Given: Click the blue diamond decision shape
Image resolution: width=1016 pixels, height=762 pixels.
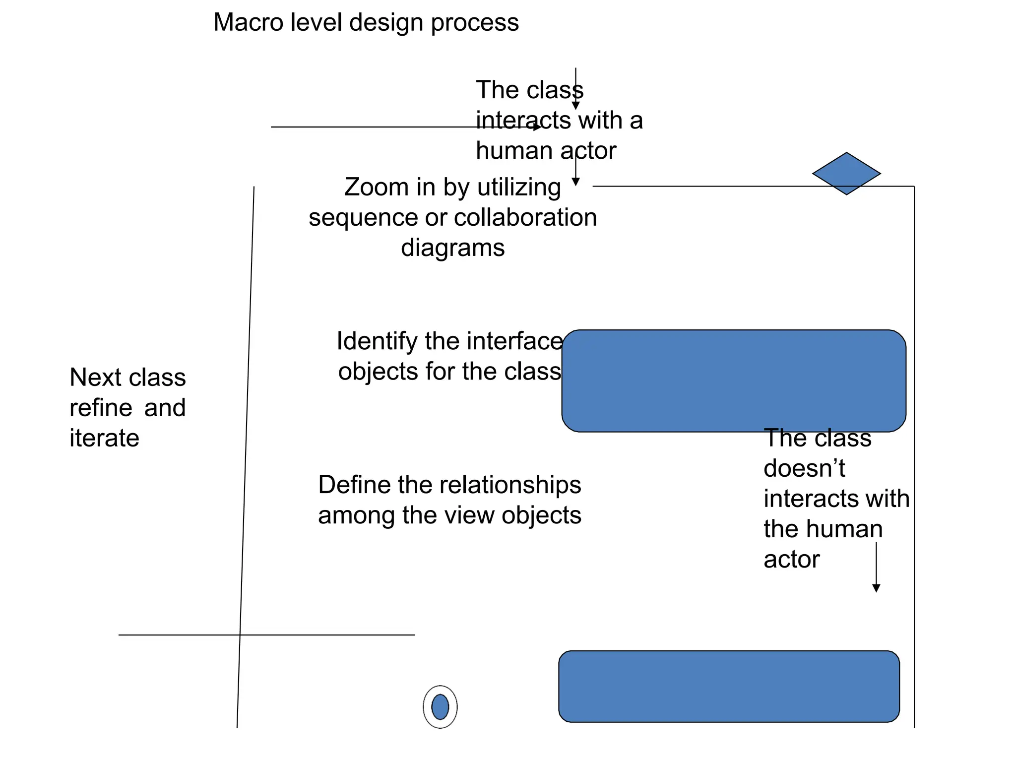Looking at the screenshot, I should [x=846, y=174].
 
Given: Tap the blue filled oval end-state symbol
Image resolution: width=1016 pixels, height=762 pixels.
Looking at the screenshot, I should [x=440, y=707].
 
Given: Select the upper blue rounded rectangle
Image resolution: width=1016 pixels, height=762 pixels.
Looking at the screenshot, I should [x=734, y=381].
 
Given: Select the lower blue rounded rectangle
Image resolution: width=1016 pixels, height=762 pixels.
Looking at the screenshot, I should [x=729, y=687].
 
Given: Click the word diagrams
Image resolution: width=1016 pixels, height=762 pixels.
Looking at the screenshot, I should [x=452, y=248].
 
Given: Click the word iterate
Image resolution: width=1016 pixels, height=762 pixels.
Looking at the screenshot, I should [x=104, y=439].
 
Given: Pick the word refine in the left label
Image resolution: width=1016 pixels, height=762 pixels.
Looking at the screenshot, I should [x=101, y=408].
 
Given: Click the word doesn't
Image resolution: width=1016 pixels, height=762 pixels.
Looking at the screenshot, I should [x=804, y=469].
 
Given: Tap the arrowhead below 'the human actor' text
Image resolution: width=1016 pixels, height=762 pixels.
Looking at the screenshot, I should [x=876, y=588].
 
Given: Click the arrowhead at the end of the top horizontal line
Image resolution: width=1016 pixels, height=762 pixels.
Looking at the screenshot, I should [x=537, y=127].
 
